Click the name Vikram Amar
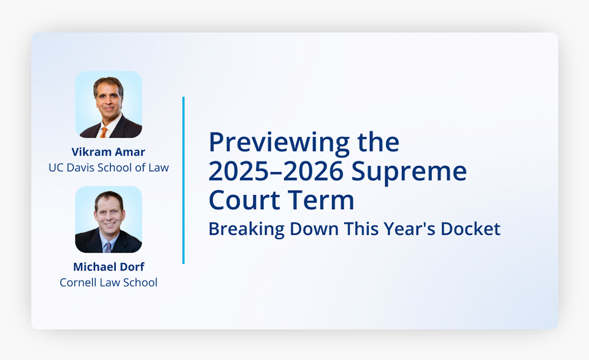click(108, 151)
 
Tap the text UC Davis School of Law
click(109, 167)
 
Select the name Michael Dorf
click(109, 267)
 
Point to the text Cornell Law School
click(109, 282)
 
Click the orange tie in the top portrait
click(103, 132)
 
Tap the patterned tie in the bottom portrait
click(108, 247)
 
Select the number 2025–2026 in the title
click(276, 171)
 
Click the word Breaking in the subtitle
click(247, 229)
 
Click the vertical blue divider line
click(183, 180)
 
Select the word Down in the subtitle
click(314, 229)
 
